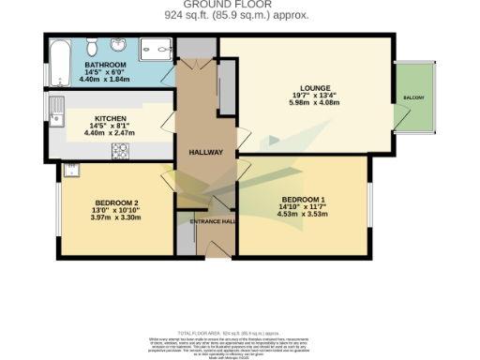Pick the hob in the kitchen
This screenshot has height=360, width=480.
pyautogui.click(x=120, y=149)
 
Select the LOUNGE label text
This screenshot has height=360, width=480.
pyautogui.click(x=302, y=82)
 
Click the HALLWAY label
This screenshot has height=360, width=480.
pyautogui.click(x=205, y=152)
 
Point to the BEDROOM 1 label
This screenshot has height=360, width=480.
pyautogui.click(x=302, y=200)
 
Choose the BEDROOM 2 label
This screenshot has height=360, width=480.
pyautogui.click(x=117, y=202)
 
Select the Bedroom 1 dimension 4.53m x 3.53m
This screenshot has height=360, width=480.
pyautogui.click(x=302, y=216)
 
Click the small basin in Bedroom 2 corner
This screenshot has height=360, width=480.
pyautogui.click(x=70, y=171)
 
